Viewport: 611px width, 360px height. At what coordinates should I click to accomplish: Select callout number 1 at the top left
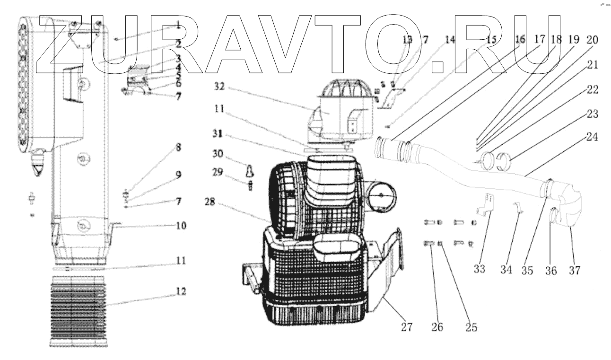tap(178, 24)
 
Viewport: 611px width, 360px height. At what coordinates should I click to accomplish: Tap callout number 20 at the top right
tap(591, 41)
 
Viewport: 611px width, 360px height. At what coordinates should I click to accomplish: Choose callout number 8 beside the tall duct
tap(178, 147)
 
